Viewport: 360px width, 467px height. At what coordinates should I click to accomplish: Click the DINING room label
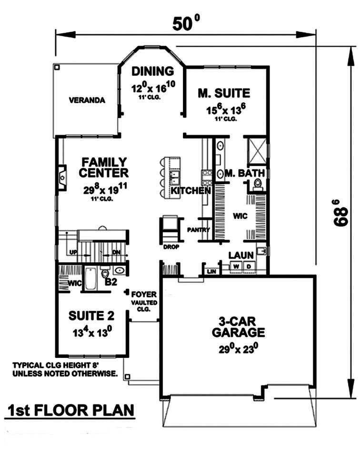pyautogui.click(x=152, y=71)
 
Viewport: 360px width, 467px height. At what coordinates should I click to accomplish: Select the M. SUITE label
pyautogui.click(x=224, y=93)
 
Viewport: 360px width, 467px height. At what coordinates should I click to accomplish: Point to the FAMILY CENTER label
pyautogui.click(x=103, y=167)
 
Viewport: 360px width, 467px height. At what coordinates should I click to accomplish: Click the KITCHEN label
pyautogui.click(x=191, y=191)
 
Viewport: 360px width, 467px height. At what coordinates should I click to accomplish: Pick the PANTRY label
pyautogui.click(x=199, y=230)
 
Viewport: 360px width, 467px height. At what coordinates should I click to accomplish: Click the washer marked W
pyautogui.click(x=236, y=266)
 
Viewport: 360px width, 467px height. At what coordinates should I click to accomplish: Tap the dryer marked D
pyautogui.click(x=248, y=266)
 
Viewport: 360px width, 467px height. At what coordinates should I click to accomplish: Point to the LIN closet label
pyautogui.click(x=210, y=271)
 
